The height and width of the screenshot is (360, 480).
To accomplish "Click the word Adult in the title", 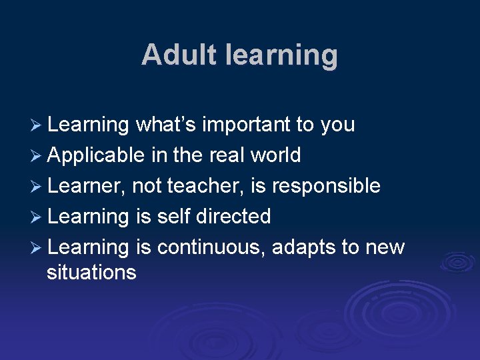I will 173,55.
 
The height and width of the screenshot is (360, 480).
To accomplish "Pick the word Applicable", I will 96,156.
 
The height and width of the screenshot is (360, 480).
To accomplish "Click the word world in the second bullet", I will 275,155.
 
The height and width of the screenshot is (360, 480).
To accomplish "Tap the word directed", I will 237,217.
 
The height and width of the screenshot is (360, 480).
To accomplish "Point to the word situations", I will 91,272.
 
